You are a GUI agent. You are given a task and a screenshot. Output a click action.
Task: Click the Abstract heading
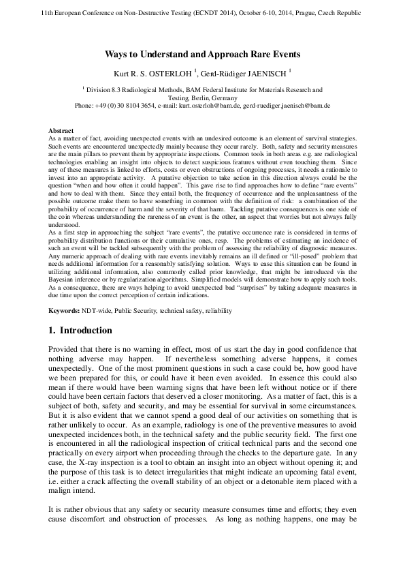click(61, 130)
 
